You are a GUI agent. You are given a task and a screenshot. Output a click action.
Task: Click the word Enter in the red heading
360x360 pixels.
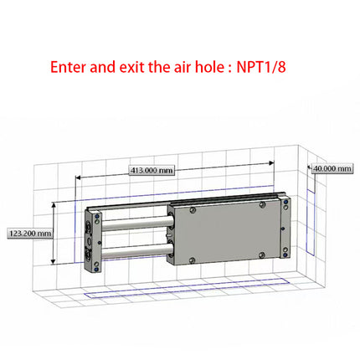coord(68,66)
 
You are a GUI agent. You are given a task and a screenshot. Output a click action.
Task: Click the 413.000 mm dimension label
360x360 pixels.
coord(152,170)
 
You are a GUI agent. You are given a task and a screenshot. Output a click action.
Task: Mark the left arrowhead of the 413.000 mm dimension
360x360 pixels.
coord(79,177)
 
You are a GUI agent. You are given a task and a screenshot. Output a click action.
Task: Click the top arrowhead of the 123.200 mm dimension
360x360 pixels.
coord(55,204)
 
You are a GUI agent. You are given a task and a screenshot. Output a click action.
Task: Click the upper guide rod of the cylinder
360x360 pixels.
coord(134,223)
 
